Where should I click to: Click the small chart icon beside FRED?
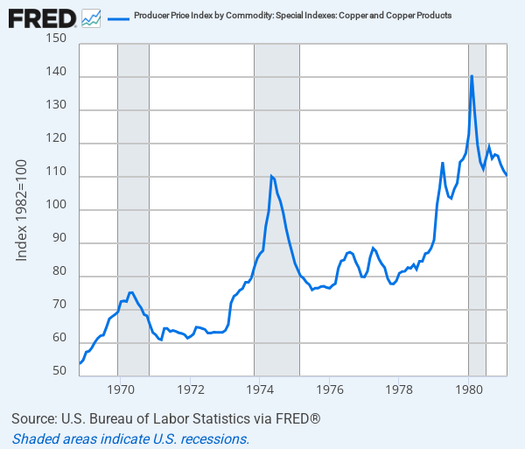coord(90,17)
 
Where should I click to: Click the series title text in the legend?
coord(292,17)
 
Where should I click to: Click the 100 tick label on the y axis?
coord(55,210)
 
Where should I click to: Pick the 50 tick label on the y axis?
coord(59,371)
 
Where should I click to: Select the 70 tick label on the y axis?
coord(59,310)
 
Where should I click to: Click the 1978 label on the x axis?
coord(399,389)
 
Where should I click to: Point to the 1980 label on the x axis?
coord(469,389)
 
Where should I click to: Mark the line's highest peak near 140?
coord(472,76)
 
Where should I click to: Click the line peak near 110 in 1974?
coord(271,177)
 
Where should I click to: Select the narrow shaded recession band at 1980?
coord(477,263)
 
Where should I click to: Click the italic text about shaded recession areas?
coord(131,438)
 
